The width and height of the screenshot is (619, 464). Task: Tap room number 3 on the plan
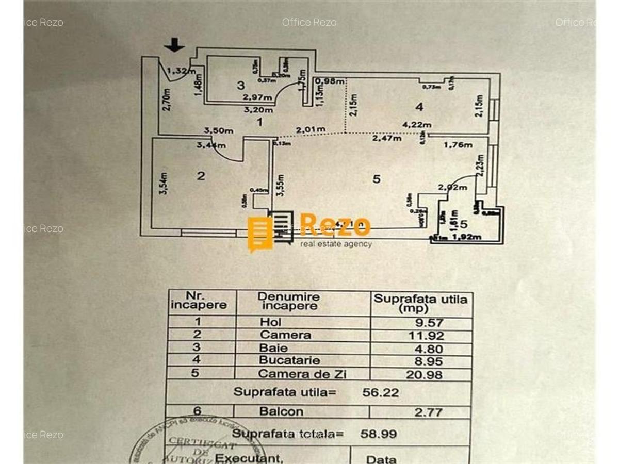[x=240, y=85]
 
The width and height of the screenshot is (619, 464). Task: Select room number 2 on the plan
[x=201, y=176]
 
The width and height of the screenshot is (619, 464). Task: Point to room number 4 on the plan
[x=419, y=107]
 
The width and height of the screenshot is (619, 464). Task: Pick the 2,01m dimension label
[x=311, y=129]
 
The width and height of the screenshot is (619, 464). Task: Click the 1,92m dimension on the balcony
[x=466, y=237]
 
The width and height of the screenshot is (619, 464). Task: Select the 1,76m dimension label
[x=458, y=145]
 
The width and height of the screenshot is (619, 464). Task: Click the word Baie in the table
[x=273, y=347]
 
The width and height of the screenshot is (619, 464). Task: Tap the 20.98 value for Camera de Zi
[x=424, y=374]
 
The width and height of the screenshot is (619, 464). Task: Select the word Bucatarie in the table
[x=289, y=360]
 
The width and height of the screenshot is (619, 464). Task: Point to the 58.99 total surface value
[x=379, y=434]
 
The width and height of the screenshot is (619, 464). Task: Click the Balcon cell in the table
[x=281, y=411]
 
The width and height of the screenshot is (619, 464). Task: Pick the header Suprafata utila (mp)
[x=420, y=303]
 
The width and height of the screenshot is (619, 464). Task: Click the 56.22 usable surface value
[x=381, y=392]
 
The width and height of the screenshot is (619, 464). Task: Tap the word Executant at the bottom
[x=249, y=458]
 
